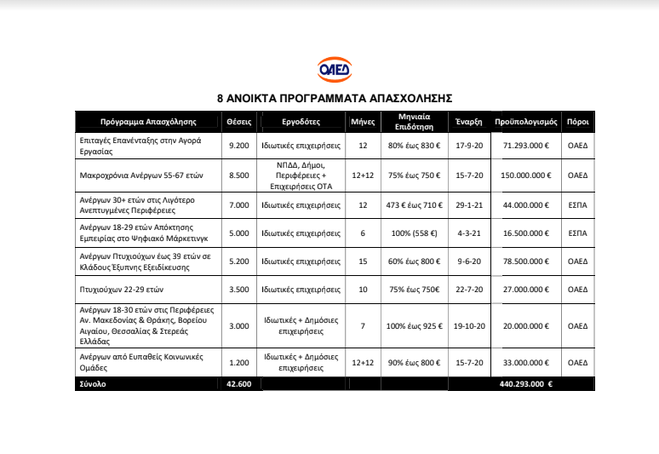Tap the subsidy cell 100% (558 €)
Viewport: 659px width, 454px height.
pyautogui.click(x=413, y=233)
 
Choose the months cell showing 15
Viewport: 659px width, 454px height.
pyautogui.click(x=363, y=261)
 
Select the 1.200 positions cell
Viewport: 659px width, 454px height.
pyautogui.click(x=239, y=363)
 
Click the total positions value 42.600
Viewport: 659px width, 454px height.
pyautogui.click(x=239, y=384)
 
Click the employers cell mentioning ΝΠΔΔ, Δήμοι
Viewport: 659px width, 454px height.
pyautogui.click(x=301, y=175)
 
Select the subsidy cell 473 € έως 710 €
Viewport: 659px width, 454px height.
pyautogui.click(x=413, y=204)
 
